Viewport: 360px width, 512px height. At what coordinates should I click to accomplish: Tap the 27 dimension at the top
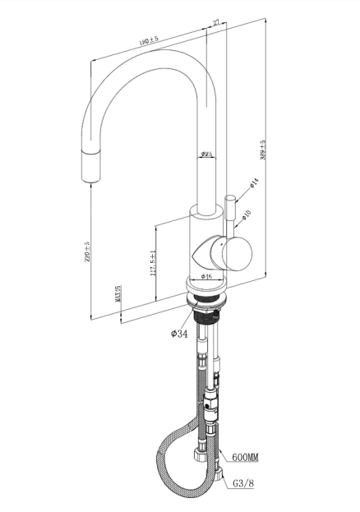tap(216, 24)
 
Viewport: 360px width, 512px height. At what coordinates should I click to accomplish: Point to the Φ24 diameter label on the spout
tap(207, 155)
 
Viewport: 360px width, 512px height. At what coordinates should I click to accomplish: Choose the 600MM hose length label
tap(245, 457)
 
